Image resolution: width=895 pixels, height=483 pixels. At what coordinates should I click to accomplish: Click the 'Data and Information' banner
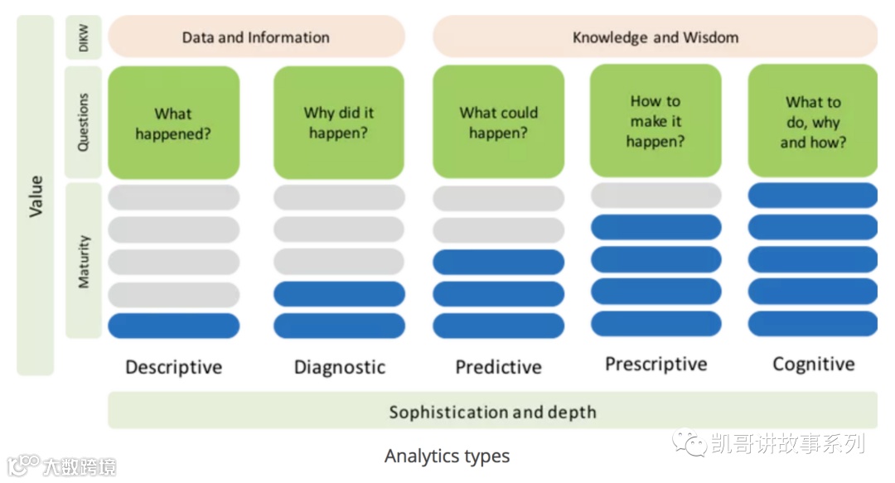pos(255,37)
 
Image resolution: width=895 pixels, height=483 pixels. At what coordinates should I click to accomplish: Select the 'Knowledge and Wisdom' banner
pos(655,37)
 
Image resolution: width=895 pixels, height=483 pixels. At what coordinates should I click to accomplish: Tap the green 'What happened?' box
pos(173,123)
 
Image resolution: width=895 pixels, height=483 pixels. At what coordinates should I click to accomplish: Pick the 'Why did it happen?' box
pos(339,123)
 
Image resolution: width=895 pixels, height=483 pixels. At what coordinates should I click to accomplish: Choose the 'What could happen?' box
pos(498,123)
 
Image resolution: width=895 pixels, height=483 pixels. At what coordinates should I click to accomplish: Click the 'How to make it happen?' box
pos(655,121)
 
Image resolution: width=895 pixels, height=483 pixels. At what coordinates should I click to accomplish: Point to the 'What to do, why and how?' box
pos(812,122)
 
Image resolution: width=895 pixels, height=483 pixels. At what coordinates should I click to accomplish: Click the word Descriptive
pos(173,367)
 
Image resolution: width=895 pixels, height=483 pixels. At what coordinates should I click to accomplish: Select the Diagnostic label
pos(340,367)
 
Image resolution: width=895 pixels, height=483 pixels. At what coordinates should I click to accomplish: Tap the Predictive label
pos(498,367)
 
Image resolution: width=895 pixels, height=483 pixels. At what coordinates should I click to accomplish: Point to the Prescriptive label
pos(656,365)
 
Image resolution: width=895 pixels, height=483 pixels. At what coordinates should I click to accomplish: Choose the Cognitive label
pos(813,365)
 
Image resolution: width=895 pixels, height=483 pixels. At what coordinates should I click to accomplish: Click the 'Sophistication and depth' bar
pos(492,412)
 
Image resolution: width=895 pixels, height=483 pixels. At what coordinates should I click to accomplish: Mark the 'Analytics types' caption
pos(447,456)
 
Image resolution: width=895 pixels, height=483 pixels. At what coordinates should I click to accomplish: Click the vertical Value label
pos(36,196)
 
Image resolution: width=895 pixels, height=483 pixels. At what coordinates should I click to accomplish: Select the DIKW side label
pos(84,37)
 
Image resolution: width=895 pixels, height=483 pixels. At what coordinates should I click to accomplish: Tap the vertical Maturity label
pos(84,261)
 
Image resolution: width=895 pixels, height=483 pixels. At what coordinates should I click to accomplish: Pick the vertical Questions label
pos(84,123)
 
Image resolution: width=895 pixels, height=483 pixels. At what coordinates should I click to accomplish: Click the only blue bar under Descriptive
pos(173,326)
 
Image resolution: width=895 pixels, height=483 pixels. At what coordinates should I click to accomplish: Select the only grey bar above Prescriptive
pos(656,196)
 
